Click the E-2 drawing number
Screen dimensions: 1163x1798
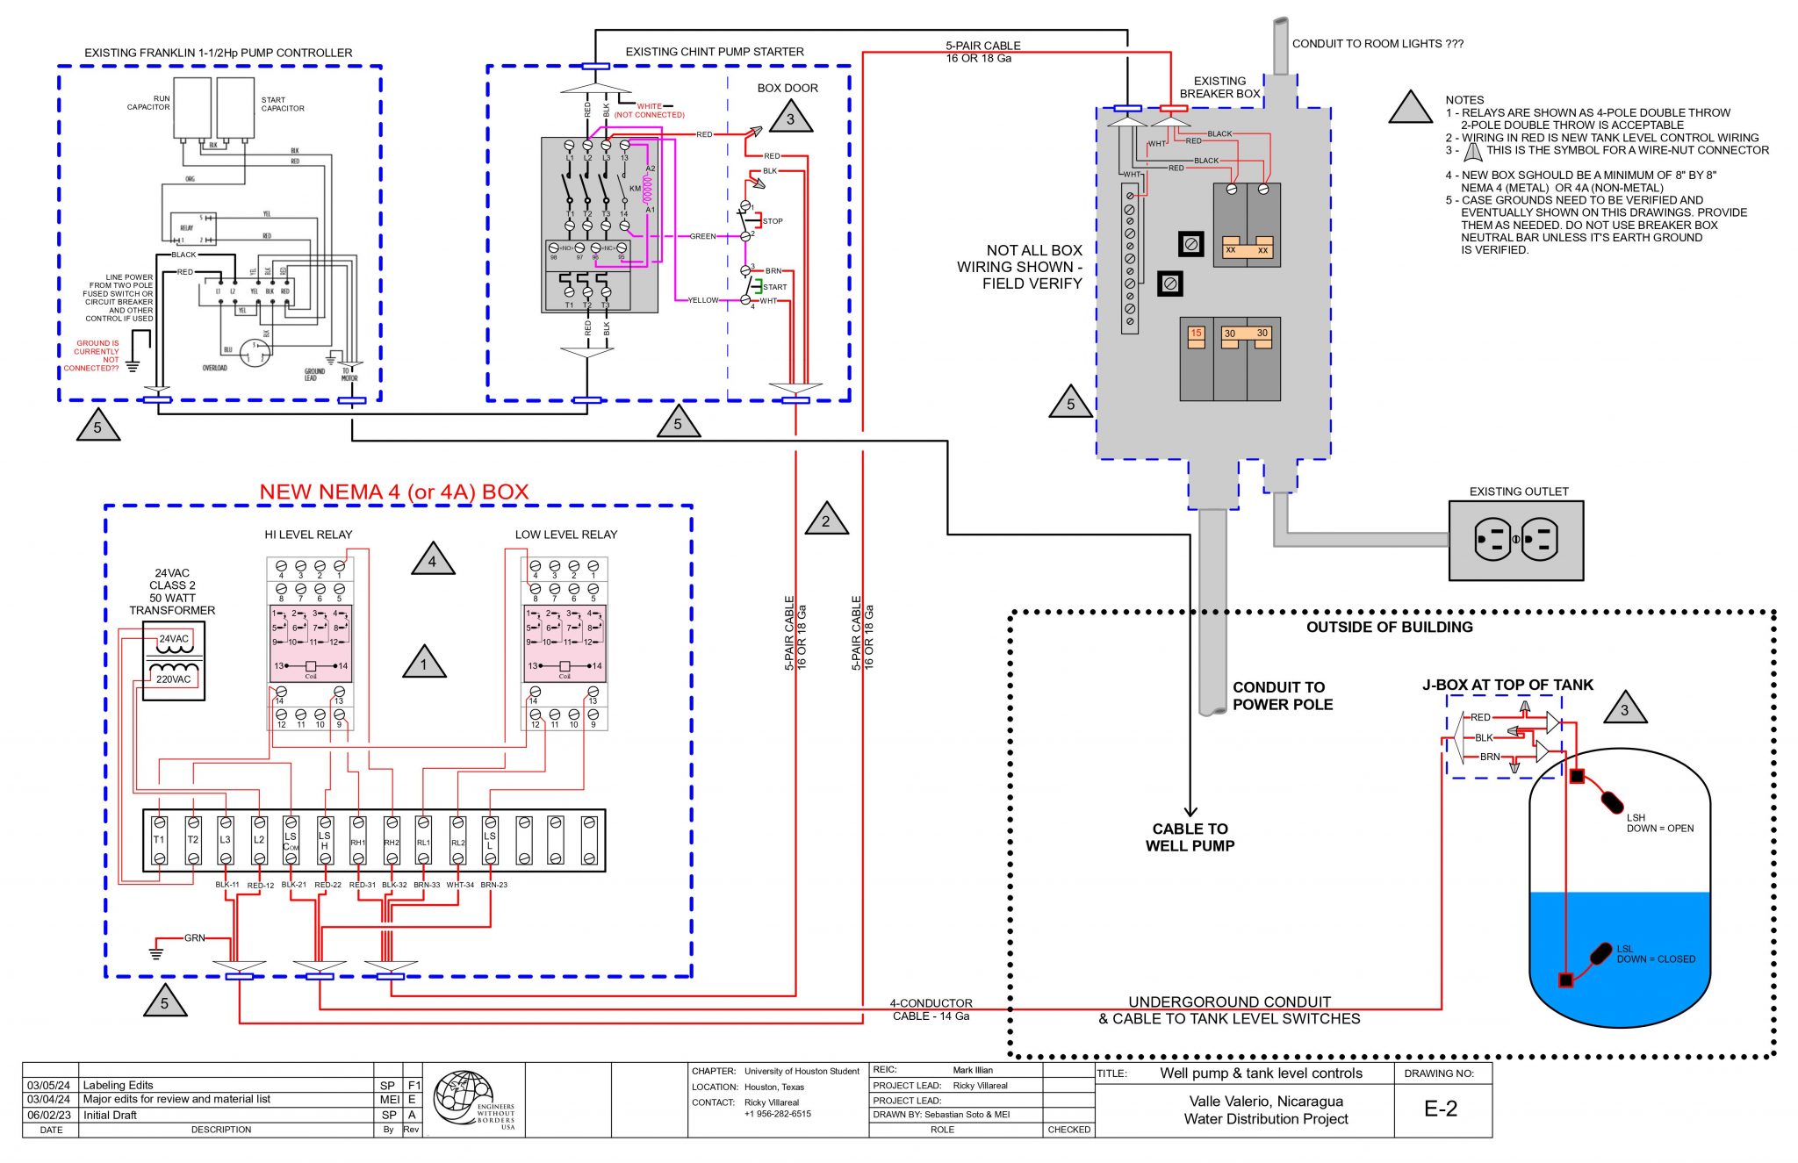click(1440, 1109)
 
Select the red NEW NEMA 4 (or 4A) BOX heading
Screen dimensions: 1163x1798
click(393, 492)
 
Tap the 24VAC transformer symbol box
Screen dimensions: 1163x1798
click(174, 660)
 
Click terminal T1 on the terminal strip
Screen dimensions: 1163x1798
click(159, 840)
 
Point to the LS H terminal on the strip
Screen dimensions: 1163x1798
click(325, 840)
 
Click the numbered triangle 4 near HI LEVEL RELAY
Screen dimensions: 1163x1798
click(432, 561)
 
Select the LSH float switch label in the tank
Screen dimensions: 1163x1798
click(1635, 817)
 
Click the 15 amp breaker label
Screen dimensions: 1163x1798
click(1196, 334)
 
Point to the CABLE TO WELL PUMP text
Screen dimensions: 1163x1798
click(1190, 836)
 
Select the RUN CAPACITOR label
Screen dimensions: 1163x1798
click(149, 103)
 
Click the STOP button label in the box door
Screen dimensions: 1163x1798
click(773, 221)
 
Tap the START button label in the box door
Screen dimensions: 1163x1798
click(774, 287)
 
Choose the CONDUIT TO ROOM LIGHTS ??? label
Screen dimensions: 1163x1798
click(1377, 43)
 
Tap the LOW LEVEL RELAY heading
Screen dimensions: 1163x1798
click(565, 534)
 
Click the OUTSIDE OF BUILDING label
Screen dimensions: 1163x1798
click(1389, 627)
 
